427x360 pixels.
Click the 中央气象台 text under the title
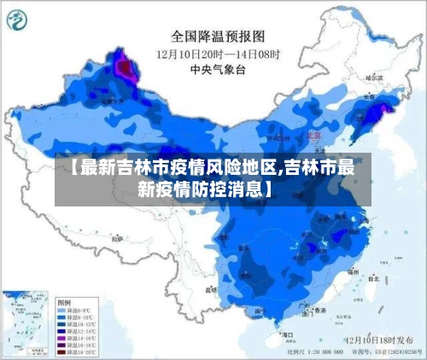tap(213, 69)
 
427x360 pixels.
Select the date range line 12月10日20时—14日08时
tap(219, 54)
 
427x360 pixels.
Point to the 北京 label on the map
tap(314, 135)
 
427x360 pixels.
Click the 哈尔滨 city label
tap(374, 78)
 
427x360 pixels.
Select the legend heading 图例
tap(64, 302)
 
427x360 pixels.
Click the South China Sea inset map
tap(26, 323)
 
